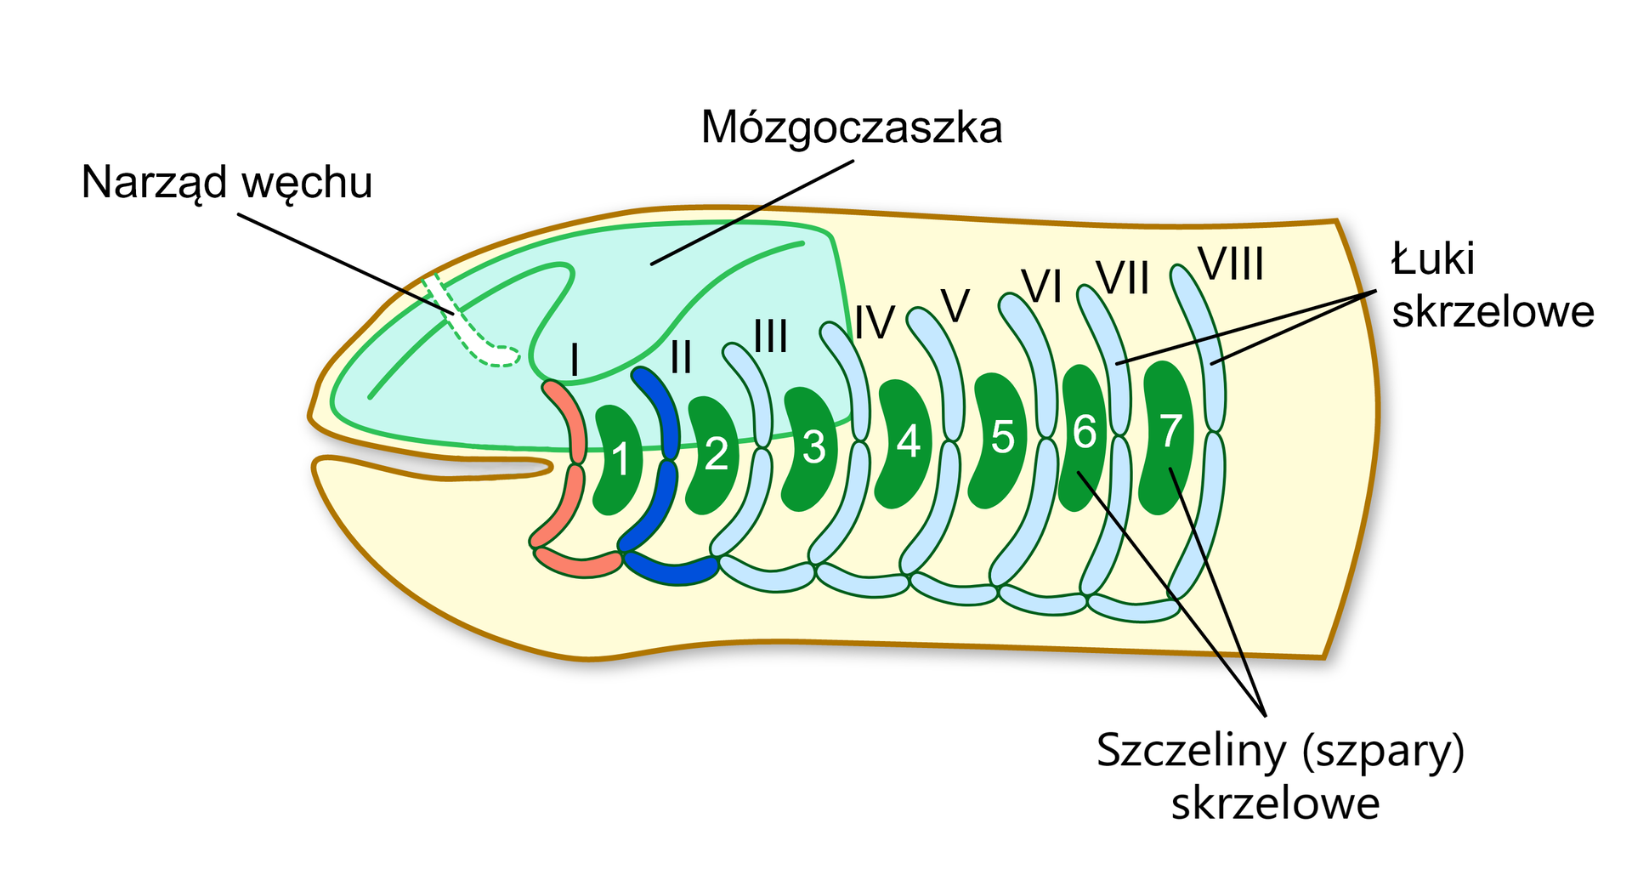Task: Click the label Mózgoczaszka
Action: pos(851,128)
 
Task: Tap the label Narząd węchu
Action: pos(227,183)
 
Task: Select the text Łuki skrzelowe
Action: pos(1492,285)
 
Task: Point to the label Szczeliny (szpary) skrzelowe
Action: pos(1279,776)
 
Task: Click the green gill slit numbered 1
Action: pos(618,459)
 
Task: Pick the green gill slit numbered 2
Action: pos(714,455)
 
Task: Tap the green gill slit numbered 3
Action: pos(811,448)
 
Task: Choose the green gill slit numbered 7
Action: pos(1169,434)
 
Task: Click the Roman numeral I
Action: pos(575,361)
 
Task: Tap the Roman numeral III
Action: pos(770,337)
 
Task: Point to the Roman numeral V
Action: pos(955,306)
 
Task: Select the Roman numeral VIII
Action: pos(1230,264)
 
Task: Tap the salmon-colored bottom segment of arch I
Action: pos(578,563)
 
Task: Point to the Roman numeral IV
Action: pos(875,323)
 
